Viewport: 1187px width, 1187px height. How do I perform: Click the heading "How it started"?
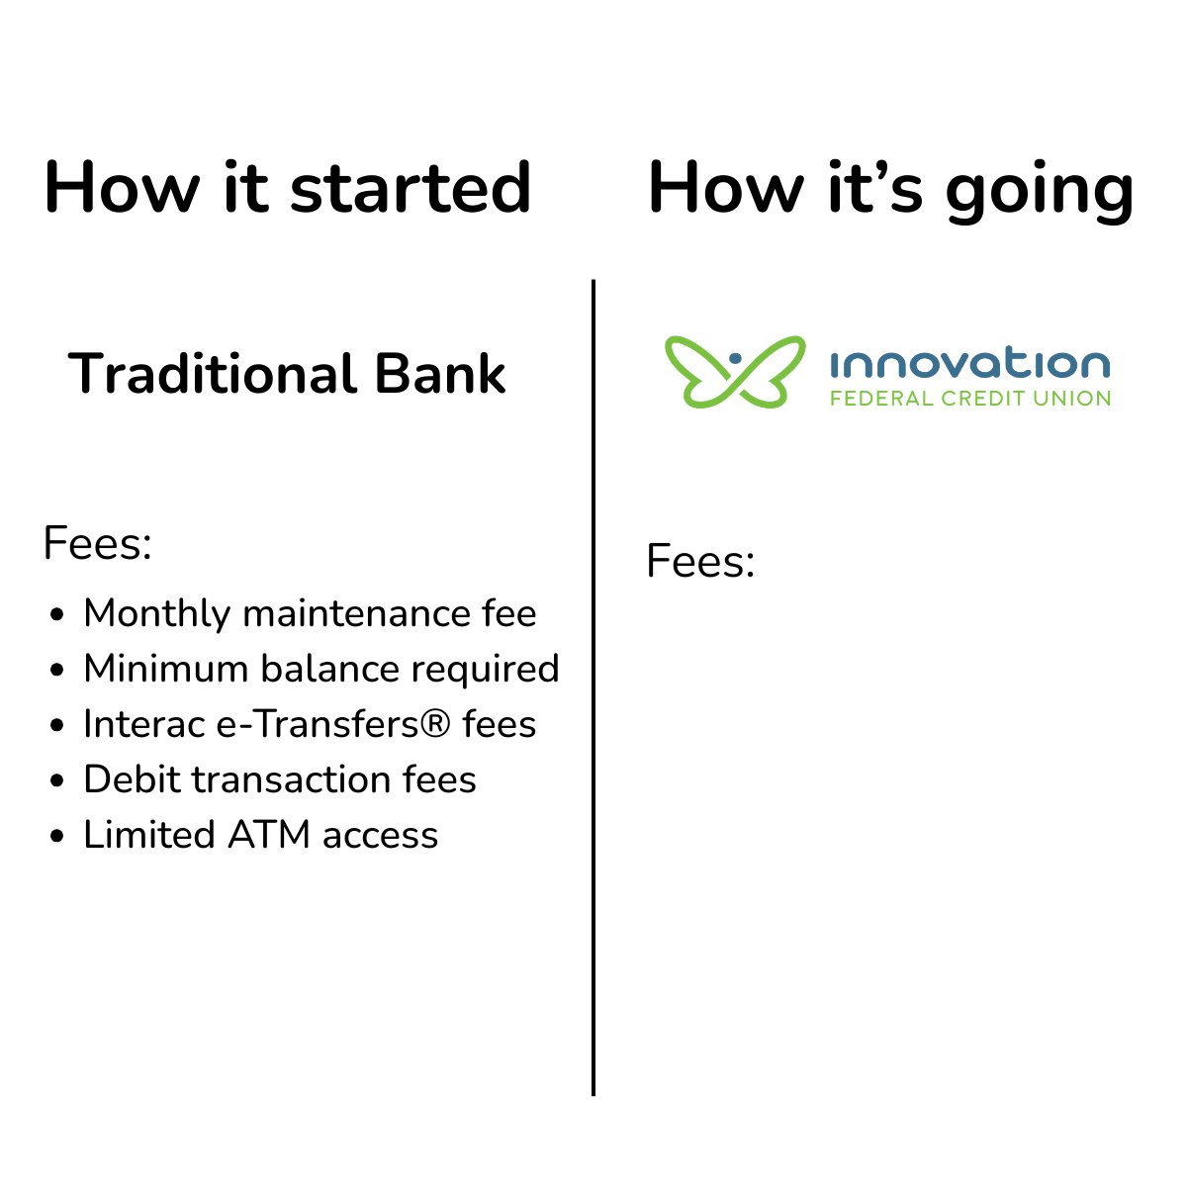coord(288,188)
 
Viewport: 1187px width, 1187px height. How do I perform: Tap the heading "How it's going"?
coord(890,188)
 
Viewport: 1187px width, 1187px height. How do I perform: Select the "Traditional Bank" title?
coord(287,374)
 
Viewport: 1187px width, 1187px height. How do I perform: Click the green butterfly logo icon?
coord(734,372)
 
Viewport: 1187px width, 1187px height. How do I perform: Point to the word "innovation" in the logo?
coord(969,364)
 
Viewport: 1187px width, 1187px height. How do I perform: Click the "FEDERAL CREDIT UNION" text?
coord(969,399)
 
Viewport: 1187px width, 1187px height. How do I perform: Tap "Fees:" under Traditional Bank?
coord(97,543)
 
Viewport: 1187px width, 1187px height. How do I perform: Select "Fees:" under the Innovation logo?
coord(700,562)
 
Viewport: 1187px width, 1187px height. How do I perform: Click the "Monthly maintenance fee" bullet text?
coord(310,613)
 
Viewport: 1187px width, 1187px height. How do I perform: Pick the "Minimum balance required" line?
coord(320,669)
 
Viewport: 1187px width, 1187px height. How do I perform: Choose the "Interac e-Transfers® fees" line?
coord(310,724)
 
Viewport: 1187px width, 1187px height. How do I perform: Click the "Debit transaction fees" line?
coord(280,779)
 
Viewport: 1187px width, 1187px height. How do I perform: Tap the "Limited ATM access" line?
coord(260,835)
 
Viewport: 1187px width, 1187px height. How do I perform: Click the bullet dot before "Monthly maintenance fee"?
coord(57,615)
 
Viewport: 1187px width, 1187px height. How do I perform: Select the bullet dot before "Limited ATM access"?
coord(57,837)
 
